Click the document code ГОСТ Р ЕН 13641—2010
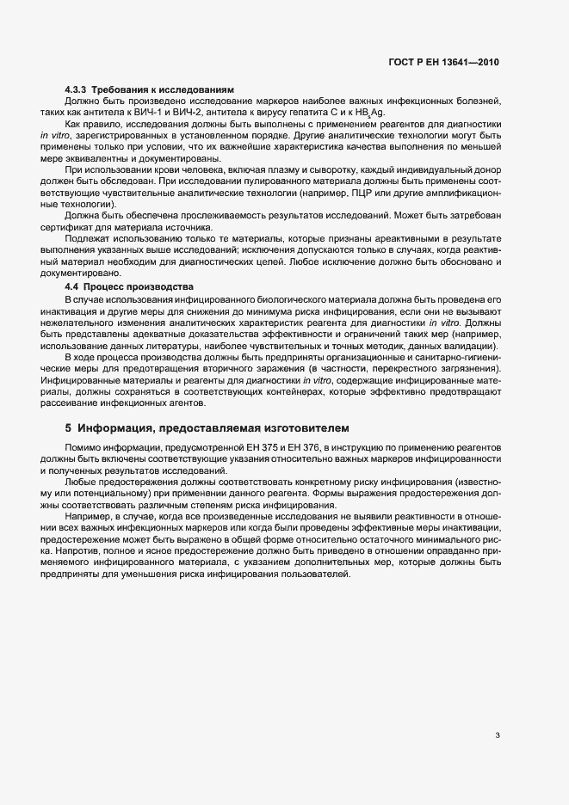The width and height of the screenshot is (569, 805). [443, 63]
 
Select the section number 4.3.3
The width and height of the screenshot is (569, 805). [76, 90]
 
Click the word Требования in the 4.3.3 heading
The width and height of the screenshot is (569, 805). [117, 90]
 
